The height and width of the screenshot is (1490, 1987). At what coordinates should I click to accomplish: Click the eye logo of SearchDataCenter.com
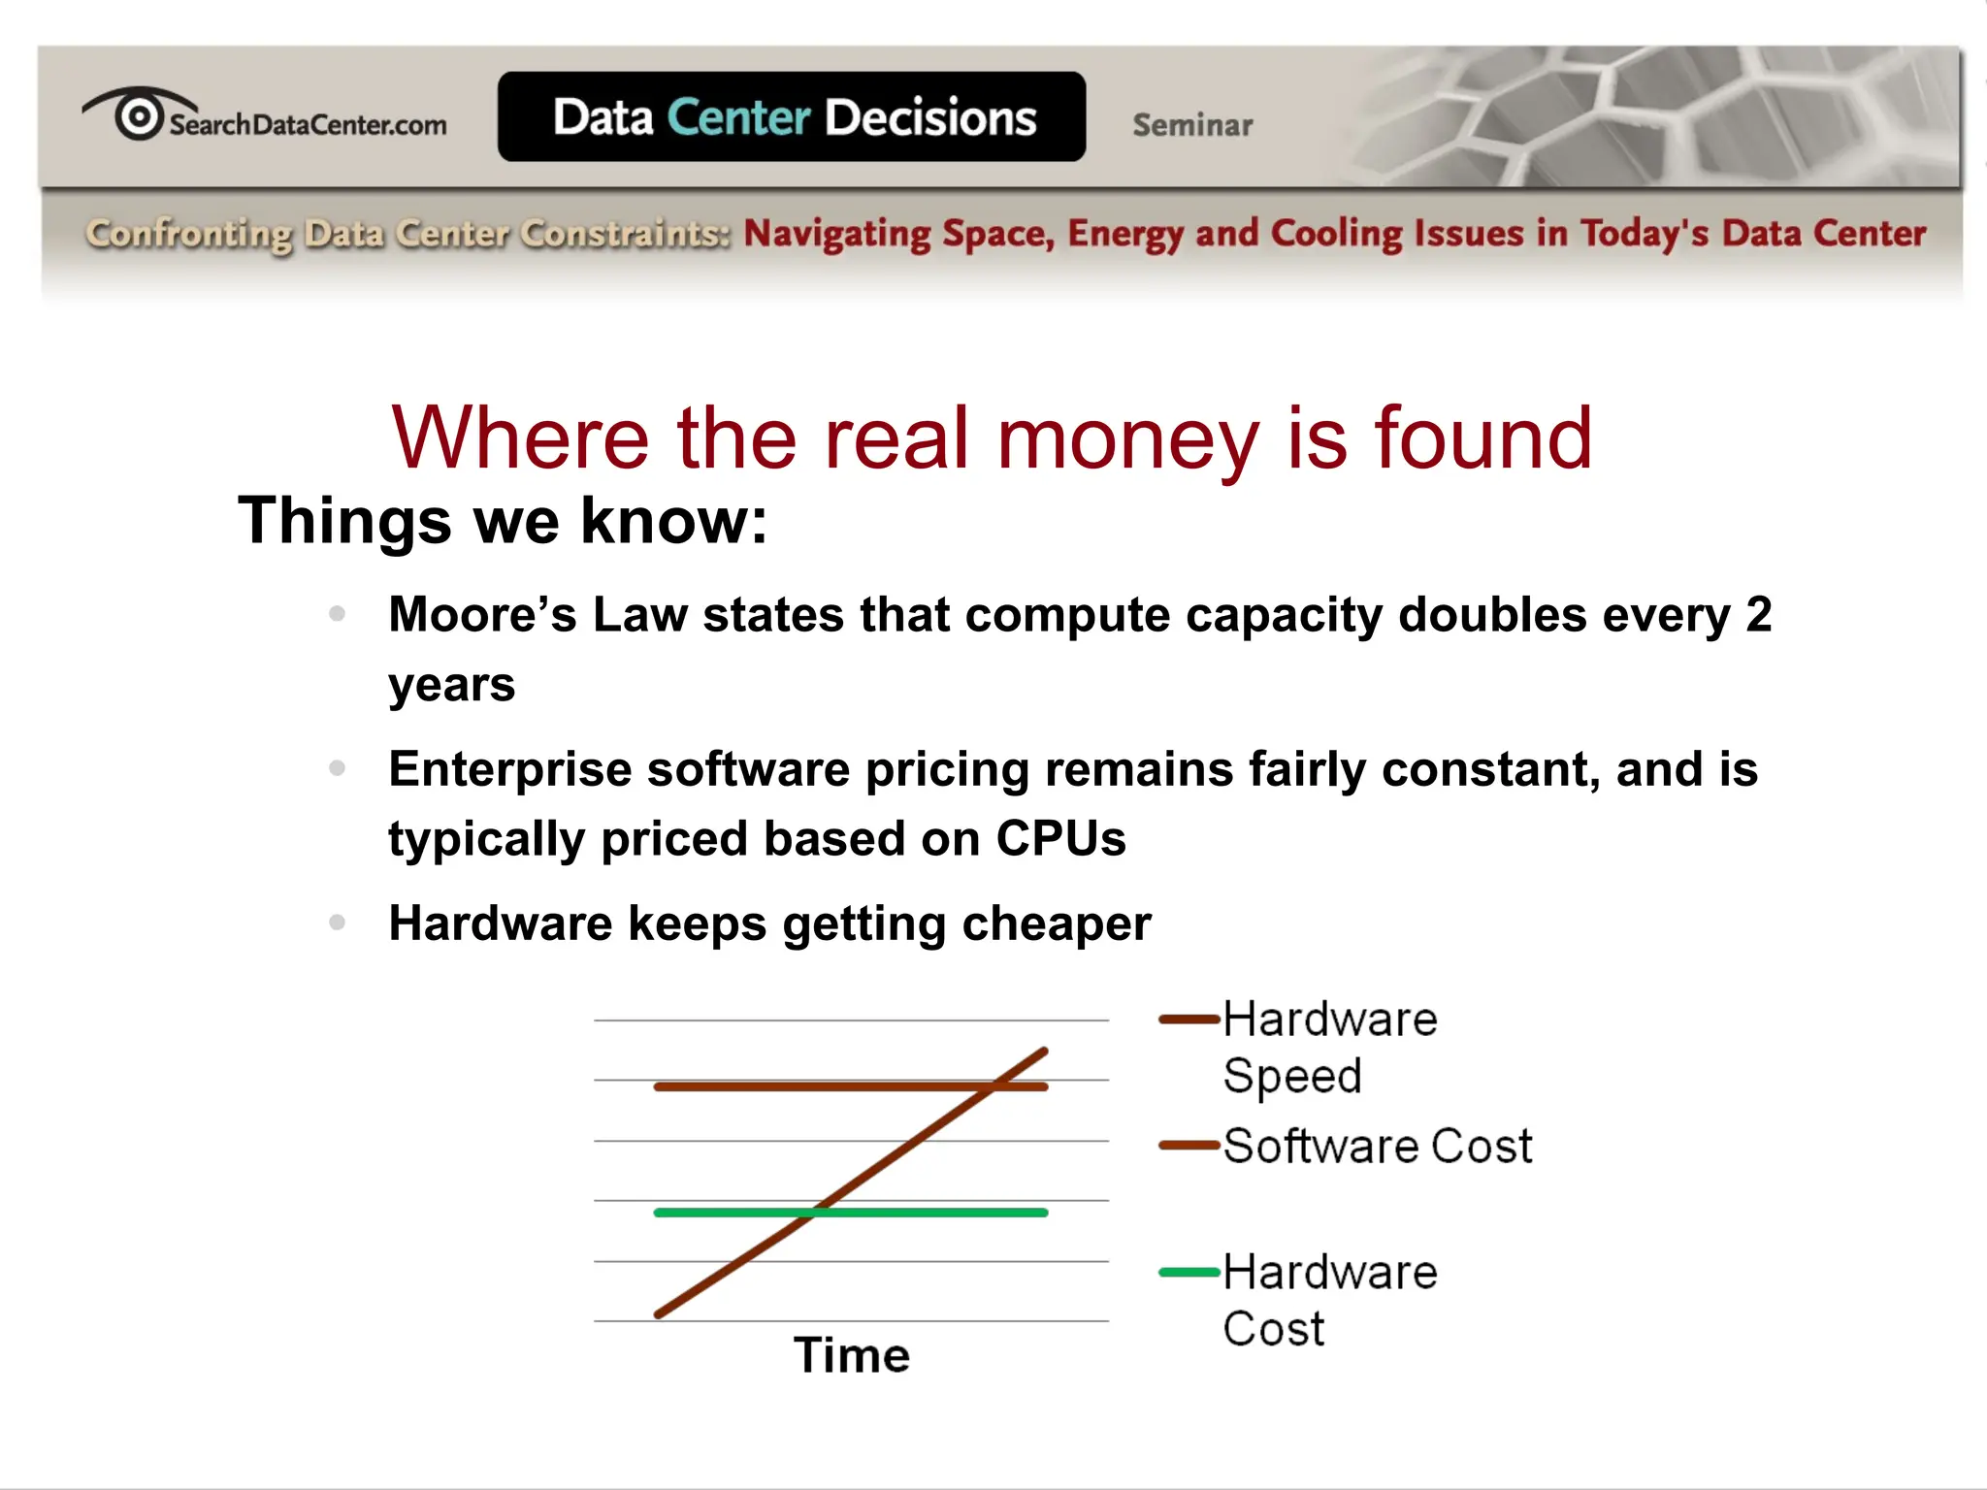tap(139, 114)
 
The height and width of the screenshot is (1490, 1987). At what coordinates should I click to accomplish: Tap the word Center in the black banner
tap(738, 117)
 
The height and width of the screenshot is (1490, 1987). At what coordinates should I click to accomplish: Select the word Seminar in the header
tap(1192, 125)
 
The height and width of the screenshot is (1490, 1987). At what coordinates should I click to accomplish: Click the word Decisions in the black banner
tap(930, 117)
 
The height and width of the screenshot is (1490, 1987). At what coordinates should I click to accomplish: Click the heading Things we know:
tap(503, 521)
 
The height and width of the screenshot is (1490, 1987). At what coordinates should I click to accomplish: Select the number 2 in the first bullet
tap(1758, 615)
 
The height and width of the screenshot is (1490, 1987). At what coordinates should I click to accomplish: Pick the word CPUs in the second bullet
tap(1060, 839)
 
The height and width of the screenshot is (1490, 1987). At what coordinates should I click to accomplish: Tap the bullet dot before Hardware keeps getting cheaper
tap(337, 923)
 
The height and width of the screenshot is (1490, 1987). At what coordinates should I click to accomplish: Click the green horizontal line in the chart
tap(931, 1213)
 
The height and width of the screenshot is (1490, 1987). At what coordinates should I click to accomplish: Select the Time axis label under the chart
tap(852, 1355)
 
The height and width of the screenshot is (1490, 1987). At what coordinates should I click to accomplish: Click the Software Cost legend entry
tap(1377, 1147)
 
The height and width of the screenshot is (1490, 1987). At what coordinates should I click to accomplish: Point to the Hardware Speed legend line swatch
tap(1189, 1020)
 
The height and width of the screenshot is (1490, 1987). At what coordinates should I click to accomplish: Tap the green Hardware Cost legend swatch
tap(1189, 1273)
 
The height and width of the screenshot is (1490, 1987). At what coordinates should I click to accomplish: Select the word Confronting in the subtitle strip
tap(188, 234)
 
